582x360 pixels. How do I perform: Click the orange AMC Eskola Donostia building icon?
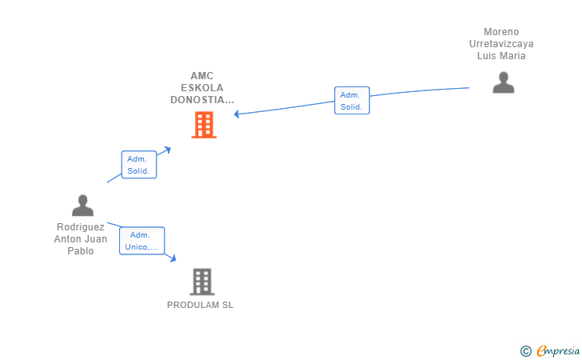coord(204,125)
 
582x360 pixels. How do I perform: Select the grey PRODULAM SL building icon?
coord(202,282)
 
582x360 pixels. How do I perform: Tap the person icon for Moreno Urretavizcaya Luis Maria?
coord(504,82)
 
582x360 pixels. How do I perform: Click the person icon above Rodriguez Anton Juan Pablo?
coord(83,205)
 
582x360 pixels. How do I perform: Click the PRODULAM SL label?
coord(200,305)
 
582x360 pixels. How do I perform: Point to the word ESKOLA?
coord(202,88)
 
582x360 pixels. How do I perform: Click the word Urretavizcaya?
coord(501,44)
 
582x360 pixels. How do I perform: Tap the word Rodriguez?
coord(81,227)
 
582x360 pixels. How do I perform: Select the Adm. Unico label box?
coord(142,241)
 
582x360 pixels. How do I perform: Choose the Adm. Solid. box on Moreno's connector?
coord(352,100)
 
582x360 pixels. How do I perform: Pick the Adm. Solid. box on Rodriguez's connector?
coord(139,165)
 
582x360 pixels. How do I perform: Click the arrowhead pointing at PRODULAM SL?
coord(173,258)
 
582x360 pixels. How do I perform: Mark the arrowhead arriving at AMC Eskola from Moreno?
coord(237,114)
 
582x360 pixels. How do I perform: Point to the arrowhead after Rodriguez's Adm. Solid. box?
coord(168,150)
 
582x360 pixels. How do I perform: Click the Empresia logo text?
coord(558,350)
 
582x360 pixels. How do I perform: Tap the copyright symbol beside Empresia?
coord(525,351)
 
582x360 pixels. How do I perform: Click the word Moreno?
coord(501,32)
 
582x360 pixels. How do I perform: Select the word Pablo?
coord(81,251)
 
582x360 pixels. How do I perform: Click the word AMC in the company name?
coord(202,76)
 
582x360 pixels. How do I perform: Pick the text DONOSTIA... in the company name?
coord(202,100)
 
